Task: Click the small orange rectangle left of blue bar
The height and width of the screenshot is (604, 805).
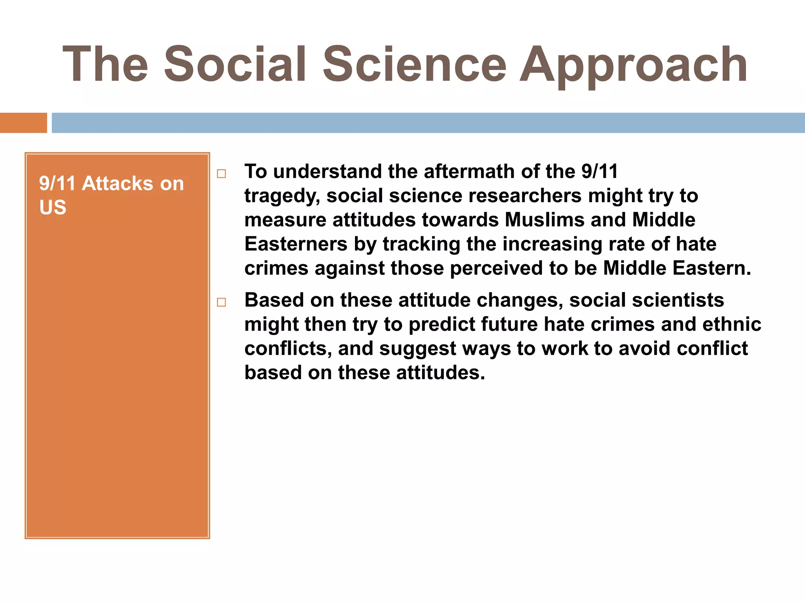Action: point(23,123)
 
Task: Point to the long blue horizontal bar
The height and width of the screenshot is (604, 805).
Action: point(428,123)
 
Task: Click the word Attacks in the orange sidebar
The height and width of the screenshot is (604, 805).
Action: point(118,184)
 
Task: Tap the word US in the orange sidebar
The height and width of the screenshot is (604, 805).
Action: point(53,207)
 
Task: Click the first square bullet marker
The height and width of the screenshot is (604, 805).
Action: point(222,173)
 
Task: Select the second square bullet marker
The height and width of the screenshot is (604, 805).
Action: point(222,302)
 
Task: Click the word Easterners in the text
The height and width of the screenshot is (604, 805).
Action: point(296,244)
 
